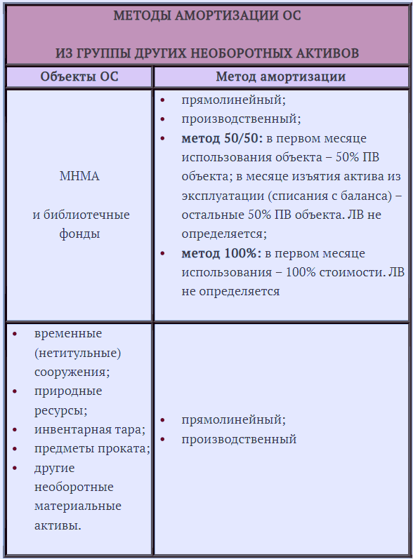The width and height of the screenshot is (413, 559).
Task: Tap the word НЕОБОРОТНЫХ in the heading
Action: (241, 53)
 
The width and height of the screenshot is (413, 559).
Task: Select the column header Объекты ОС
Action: (79, 76)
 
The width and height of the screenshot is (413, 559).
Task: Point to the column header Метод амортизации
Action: (280, 76)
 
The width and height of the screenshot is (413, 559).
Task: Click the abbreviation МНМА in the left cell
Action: (79, 176)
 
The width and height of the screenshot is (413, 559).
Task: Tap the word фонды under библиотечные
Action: (79, 234)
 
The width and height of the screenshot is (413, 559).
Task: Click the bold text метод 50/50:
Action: (222, 138)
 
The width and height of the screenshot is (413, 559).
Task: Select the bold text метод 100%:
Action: (221, 253)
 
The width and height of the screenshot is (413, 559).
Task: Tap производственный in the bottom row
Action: (239, 439)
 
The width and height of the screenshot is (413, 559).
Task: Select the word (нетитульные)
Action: (77, 353)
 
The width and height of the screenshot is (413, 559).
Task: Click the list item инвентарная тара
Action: (89, 429)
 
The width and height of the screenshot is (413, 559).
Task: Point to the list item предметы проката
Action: (91, 449)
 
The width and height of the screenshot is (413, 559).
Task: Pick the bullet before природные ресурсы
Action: (17, 391)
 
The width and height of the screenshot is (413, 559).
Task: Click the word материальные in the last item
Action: (77, 506)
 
